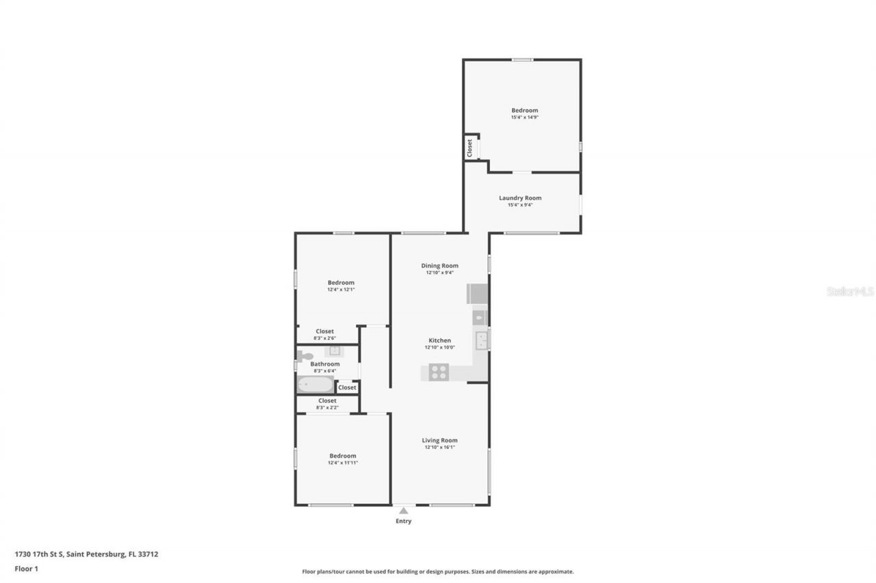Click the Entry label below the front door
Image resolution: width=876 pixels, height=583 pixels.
point(403,521)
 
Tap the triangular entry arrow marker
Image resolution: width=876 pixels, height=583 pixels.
point(404,510)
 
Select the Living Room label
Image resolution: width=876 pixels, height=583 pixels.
point(439,440)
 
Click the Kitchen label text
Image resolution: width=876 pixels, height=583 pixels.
point(439,340)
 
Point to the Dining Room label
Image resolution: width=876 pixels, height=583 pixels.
point(439,265)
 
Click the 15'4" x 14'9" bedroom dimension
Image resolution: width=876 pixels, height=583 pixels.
point(525,118)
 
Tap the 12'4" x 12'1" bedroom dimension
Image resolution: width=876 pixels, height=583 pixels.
point(341,290)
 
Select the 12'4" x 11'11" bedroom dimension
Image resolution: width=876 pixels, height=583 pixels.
point(342,463)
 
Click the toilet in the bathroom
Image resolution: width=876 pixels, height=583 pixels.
point(305,356)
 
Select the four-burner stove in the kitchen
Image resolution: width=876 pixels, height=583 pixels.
point(439,372)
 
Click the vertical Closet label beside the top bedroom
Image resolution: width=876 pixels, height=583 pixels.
point(469,148)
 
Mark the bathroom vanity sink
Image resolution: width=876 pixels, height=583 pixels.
point(335,351)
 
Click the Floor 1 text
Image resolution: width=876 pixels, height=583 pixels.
point(26,569)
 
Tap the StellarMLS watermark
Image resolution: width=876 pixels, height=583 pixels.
point(850,291)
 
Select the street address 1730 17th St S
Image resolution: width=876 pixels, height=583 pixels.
point(40,554)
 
